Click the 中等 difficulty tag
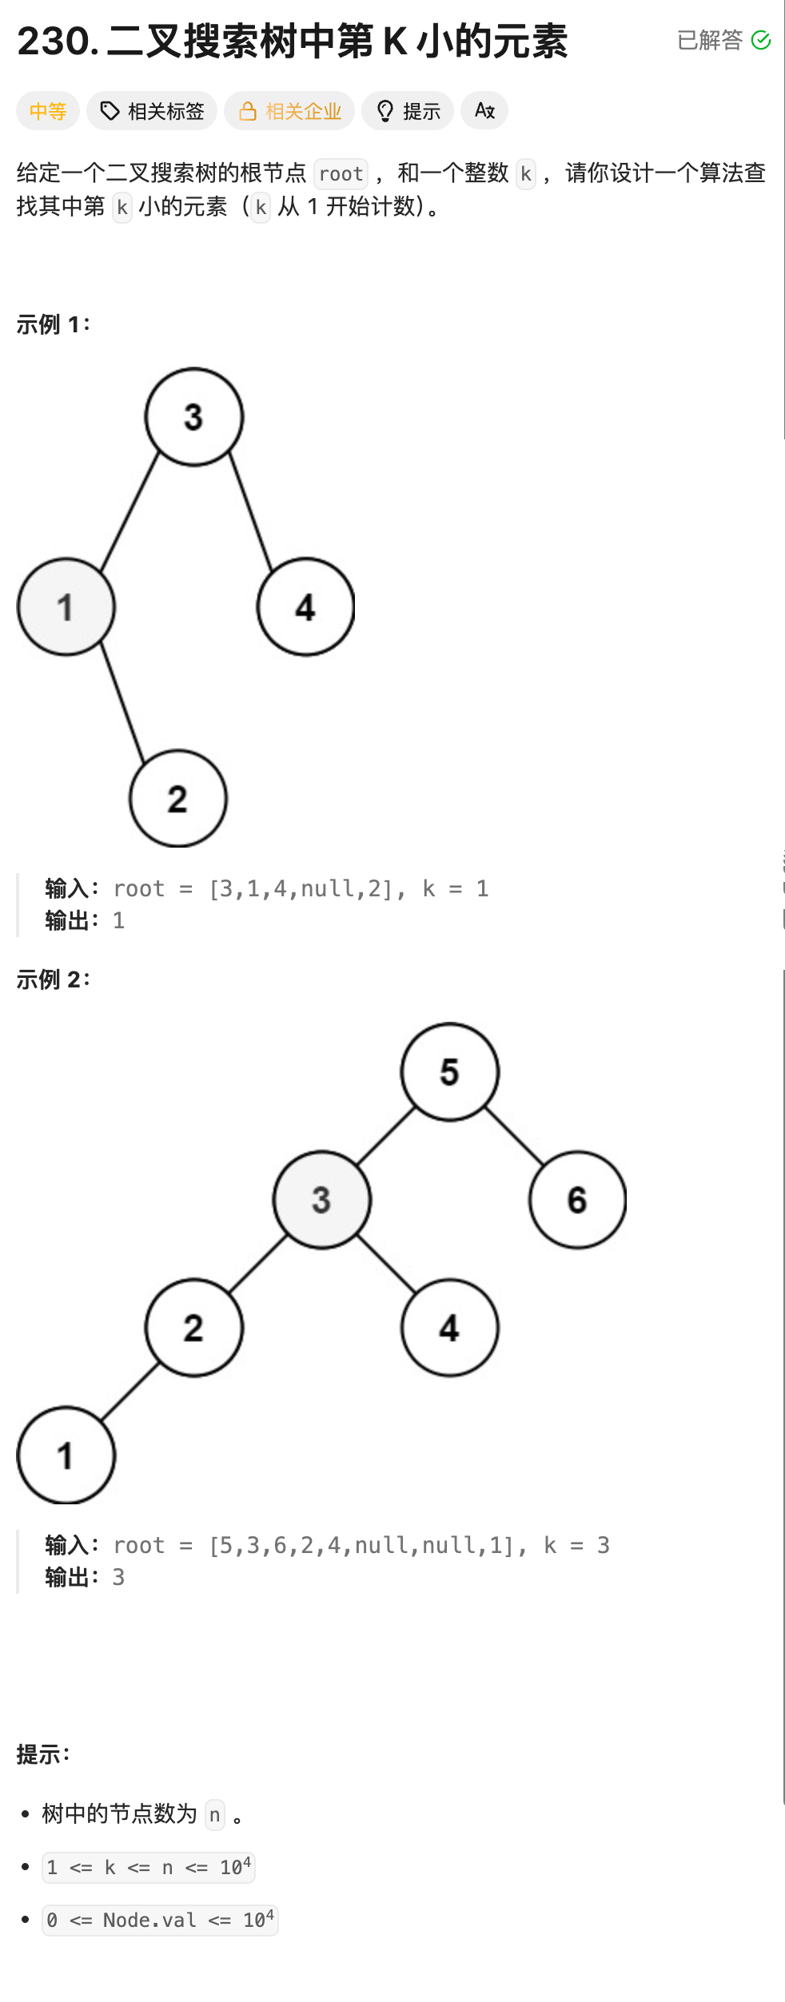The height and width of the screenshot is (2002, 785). tap(48, 111)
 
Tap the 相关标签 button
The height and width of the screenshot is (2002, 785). tap(152, 111)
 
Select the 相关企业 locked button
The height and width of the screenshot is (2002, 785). tap(289, 111)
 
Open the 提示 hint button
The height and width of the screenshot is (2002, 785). tap(408, 111)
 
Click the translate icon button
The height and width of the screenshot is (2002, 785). tap(484, 111)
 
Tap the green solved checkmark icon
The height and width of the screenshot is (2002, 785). tap(761, 40)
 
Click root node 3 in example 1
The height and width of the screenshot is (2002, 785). tap(194, 417)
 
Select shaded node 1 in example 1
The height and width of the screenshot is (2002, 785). tap(66, 607)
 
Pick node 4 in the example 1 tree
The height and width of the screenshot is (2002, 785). tap(305, 607)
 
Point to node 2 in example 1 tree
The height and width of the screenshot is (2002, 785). tap(178, 799)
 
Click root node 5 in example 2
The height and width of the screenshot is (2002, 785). tap(450, 1072)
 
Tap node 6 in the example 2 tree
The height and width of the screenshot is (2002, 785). tap(577, 1200)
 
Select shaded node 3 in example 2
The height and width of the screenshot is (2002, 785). tap(322, 1200)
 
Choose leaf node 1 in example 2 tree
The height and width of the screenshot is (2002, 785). tap(66, 1456)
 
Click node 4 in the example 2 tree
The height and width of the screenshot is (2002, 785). tap(450, 1328)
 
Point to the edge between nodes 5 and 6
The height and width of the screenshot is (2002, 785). tap(514, 1136)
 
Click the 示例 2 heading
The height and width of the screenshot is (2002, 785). tap(54, 979)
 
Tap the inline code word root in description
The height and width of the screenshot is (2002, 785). tap(341, 174)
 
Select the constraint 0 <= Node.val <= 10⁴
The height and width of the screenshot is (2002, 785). tap(160, 1921)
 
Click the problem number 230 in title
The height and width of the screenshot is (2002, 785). tap(54, 42)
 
